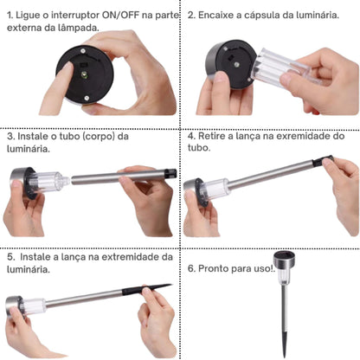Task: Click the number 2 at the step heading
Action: click(x=190, y=15)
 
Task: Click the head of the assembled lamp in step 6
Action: click(x=284, y=263)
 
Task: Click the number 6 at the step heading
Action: click(x=190, y=269)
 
